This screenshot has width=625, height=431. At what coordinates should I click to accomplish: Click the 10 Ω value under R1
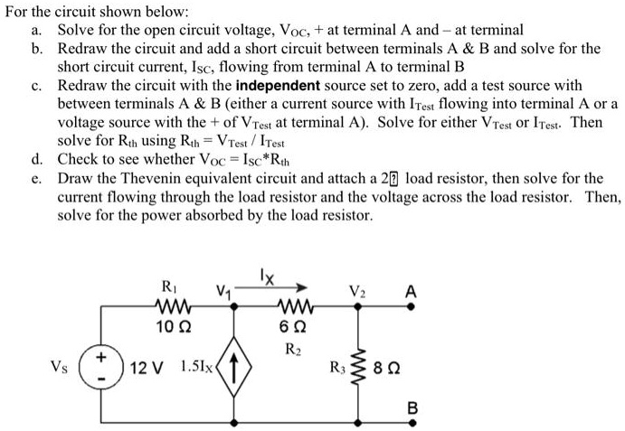pyautogui.click(x=169, y=324)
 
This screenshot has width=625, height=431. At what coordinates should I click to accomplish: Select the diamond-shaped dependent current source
pyautogui.click(x=237, y=367)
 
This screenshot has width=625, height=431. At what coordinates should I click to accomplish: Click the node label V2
pyautogui.click(x=357, y=292)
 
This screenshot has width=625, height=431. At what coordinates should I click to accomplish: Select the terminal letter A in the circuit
pyautogui.click(x=412, y=291)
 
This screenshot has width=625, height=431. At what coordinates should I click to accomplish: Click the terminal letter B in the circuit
pyautogui.click(x=412, y=408)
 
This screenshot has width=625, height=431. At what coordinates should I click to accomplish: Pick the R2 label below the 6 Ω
pyautogui.click(x=292, y=345)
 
